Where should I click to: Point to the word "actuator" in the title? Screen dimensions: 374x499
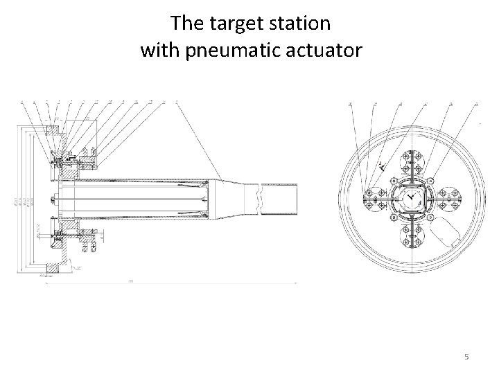pos(326,51)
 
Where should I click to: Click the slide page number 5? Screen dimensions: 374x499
pos(466,357)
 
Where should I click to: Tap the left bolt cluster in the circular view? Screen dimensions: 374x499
pos(375,197)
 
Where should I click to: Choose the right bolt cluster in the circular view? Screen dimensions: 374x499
pos(447,197)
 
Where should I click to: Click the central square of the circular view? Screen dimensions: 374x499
pos(411,197)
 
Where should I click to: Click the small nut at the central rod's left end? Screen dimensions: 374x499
pos(53,199)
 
